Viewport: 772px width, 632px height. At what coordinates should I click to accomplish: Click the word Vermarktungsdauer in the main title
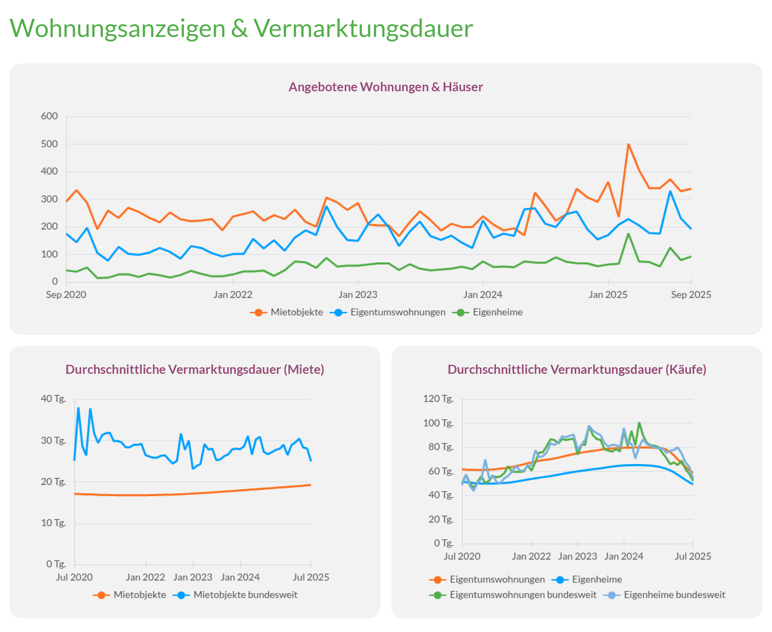tap(363, 29)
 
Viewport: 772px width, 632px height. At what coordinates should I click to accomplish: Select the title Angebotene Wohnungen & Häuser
tap(385, 87)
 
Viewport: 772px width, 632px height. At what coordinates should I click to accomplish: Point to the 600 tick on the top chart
tap(49, 116)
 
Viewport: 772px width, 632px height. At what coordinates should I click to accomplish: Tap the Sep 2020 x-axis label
tap(66, 294)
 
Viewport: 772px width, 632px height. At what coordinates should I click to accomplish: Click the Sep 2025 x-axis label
tap(691, 294)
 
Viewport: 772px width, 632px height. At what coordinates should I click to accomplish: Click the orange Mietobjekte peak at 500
tap(629, 145)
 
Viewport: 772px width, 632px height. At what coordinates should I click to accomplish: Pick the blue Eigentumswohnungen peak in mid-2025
tap(670, 192)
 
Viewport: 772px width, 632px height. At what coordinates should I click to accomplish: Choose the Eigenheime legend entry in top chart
tap(497, 313)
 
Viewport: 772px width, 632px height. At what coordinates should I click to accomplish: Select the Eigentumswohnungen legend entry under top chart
tap(397, 313)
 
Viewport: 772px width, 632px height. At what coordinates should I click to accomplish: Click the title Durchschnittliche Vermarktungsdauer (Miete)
tap(195, 370)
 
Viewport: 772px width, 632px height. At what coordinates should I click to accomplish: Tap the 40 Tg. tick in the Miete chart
tap(53, 399)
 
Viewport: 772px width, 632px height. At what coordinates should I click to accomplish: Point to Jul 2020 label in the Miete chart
tap(74, 577)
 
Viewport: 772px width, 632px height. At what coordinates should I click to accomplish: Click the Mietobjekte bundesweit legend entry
tap(245, 595)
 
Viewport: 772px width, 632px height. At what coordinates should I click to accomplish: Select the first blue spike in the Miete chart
tap(78, 408)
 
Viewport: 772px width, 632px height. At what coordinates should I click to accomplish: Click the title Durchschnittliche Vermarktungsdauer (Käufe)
tap(577, 370)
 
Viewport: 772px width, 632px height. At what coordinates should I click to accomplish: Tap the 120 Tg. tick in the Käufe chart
tap(438, 399)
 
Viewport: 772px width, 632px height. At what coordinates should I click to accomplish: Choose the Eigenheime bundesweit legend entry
tap(674, 595)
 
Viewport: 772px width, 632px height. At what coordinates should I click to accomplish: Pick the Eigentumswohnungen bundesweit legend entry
tap(522, 595)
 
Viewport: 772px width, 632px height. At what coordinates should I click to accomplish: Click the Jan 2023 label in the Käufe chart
tap(577, 556)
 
